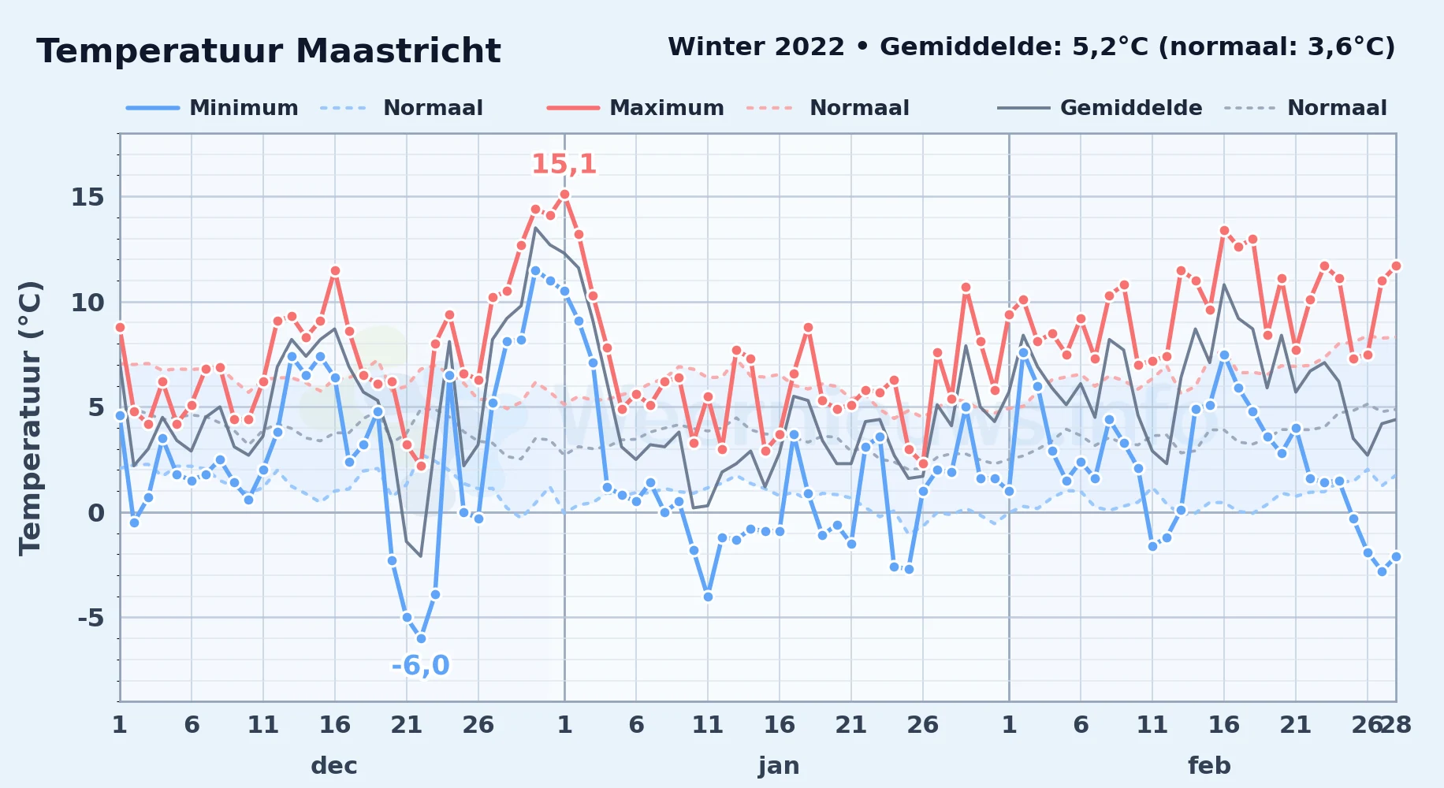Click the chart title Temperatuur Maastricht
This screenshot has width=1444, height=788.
point(269,51)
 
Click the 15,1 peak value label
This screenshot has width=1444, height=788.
point(564,164)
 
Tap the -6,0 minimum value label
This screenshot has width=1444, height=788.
point(421,666)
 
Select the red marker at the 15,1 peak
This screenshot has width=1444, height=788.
point(564,194)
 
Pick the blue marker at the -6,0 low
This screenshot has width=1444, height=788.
point(421,638)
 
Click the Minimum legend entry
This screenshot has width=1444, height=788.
point(212,108)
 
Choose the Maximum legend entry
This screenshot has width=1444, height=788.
point(635,108)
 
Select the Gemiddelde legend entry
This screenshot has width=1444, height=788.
point(1100,108)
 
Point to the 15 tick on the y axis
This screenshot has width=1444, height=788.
point(87,197)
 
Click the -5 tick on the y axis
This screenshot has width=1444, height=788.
point(91,618)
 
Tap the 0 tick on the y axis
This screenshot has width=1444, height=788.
point(96,513)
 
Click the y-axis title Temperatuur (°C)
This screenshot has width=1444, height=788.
point(30,418)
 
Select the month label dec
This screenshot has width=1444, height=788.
point(334,766)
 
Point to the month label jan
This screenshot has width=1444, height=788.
point(779,766)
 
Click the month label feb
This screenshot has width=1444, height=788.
point(1209,766)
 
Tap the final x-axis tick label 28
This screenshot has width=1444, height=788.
point(1396,724)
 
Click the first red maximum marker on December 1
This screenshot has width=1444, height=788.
point(120,327)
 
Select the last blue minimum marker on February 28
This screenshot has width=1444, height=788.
point(1396,556)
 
